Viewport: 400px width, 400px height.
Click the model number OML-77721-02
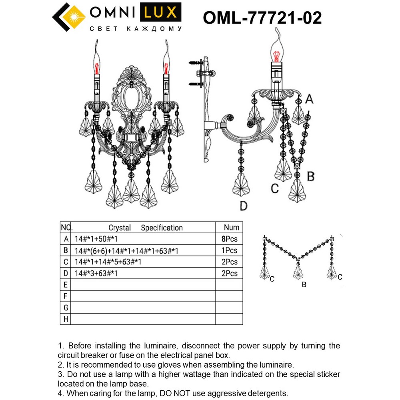point(262,18)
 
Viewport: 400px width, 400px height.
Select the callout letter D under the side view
point(244,206)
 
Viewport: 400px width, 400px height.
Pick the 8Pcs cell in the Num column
point(230,239)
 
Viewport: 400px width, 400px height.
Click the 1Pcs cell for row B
point(230,251)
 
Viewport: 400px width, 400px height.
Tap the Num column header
point(232,228)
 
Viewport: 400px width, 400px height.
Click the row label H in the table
point(65,319)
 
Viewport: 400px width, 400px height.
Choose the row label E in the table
point(65,285)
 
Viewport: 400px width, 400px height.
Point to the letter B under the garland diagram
point(304,285)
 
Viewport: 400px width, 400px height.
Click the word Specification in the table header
point(162,228)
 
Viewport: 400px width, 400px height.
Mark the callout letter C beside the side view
point(274,188)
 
